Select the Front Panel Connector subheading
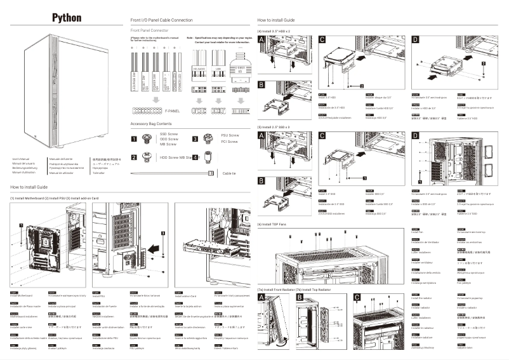coord(149,30)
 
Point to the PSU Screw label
coord(230,135)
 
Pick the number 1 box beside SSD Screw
coord(134,138)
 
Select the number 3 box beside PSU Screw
coord(195,138)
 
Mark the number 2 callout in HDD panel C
coord(362,84)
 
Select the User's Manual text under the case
coord(22,158)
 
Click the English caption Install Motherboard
coord(24,296)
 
